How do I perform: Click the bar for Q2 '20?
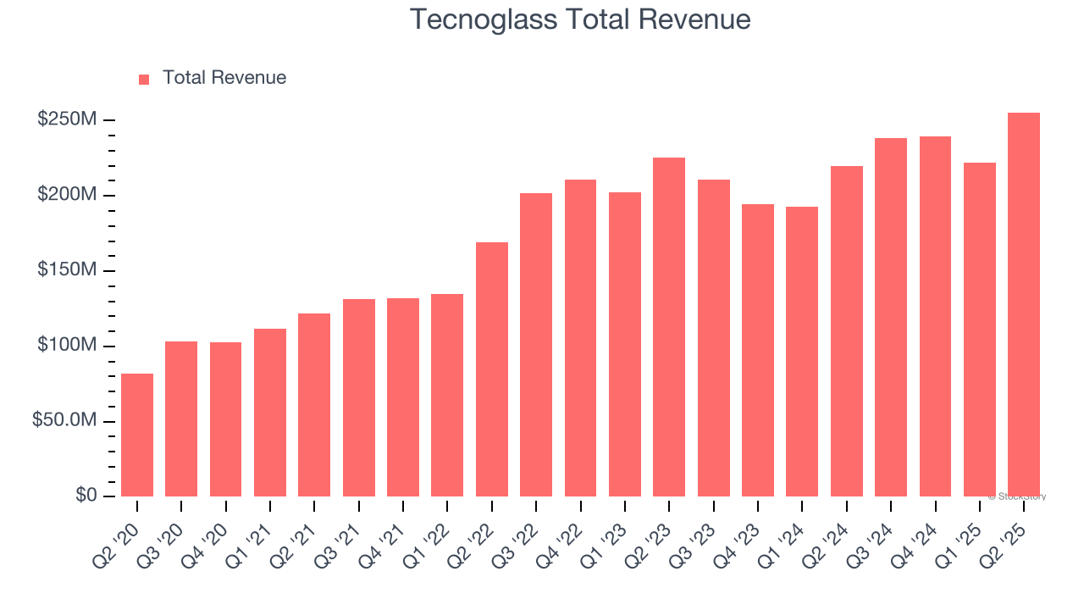click(137, 435)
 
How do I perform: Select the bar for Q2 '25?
click(1024, 304)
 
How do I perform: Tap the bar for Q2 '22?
click(492, 369)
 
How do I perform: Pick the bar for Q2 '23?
click(669, 327)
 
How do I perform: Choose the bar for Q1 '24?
click(802, 352)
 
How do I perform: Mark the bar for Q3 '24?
click(891, 317)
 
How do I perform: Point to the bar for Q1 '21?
click(270, 413)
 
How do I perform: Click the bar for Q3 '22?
click(536, 345)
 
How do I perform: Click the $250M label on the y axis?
click(67, 119)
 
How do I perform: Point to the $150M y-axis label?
click(67, 270)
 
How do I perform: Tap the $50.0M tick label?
click(64, 421)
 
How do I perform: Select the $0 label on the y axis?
click(86, 495)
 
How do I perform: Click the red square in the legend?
click(144, 80)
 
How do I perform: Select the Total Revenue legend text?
click(224, 78)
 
